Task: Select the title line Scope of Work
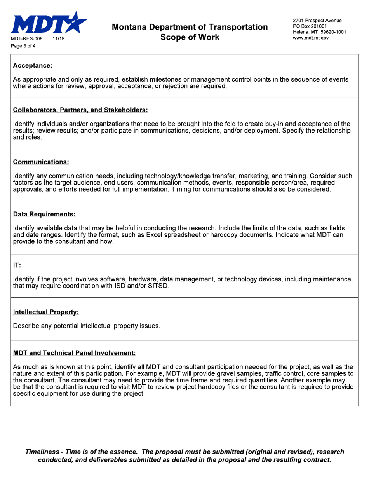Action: (190, 37)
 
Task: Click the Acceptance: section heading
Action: (33, 66)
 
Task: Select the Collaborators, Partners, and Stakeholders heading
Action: (80, 110)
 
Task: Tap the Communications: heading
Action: (41, 162)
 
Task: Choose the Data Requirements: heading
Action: (44, 214)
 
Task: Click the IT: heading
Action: (17, 265)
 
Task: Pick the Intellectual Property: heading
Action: (46, 312)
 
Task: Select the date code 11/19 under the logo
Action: (58, 39)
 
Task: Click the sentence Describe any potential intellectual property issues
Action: (86, 326)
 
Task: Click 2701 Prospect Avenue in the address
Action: (317, 20)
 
